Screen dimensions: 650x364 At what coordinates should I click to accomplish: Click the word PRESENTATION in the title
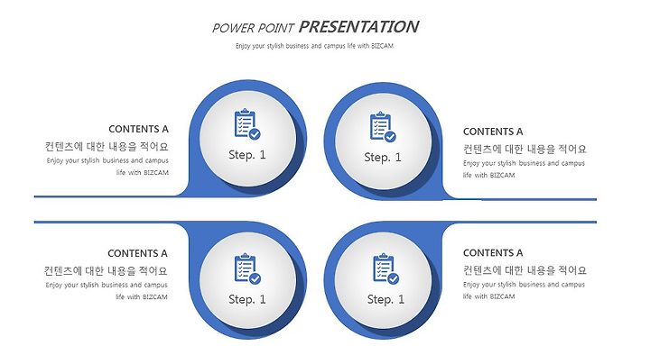(x=358, y=27)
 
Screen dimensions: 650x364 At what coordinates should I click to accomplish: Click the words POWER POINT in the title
(x=253, y=28)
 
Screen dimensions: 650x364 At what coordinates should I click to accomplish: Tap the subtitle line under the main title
(x=314, y=46)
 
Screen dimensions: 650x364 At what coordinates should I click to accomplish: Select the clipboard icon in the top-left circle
(x=247, y=123)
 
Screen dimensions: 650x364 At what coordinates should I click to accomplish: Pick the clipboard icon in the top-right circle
(x=383, y=126)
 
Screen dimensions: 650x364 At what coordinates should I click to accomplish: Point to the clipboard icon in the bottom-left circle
(x=247, y=268)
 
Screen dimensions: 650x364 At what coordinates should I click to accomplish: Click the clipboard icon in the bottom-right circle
(x=386, y=268)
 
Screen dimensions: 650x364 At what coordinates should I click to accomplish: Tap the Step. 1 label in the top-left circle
(x=247, y=155)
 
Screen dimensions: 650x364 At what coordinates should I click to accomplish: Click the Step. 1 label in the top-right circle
(x=383, y=158)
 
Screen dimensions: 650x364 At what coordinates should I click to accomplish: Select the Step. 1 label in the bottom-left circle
(x=247, y=299)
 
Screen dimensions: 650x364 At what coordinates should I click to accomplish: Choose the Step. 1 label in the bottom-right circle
(x=385, y=299)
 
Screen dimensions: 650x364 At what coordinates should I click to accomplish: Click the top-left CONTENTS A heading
(x=138, y=129)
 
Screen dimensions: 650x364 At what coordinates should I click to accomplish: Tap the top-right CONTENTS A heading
(x=493, y=132)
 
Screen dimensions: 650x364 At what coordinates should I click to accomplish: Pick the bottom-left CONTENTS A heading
(x=137, y=253)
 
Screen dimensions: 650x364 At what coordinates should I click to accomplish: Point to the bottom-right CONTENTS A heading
(x=493, y=253)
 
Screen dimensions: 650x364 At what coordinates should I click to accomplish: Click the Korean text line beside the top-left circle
(x=107, y=147)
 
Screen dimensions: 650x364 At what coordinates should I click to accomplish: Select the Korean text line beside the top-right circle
(x=525, y=149)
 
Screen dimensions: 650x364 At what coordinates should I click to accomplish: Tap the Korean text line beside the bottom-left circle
(x=106, y=271)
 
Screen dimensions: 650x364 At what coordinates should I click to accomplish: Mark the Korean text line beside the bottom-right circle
(x=525, y=270)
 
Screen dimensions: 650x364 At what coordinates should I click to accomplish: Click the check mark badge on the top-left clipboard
(x=255, y=133)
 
